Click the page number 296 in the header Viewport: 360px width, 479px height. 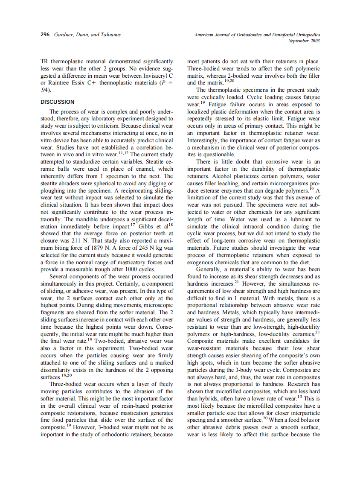pyautogui.click(x=46, y=35)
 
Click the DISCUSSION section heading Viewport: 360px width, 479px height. pyautogui.click(x=57, y=102)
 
